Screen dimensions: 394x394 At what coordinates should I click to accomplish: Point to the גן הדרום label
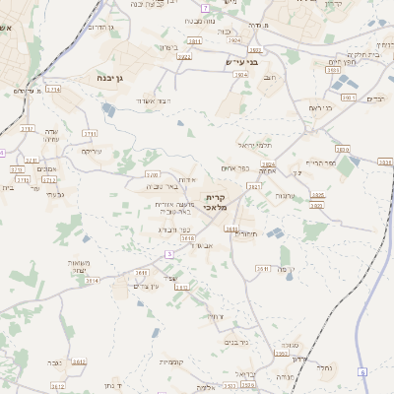[103, 28]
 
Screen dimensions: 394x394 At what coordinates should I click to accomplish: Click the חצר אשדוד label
[157, 100]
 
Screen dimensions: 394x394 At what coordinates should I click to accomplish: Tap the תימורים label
[245, 233]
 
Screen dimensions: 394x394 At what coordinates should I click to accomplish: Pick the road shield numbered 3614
[92, 280]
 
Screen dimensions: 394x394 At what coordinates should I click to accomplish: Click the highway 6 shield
[361, 371]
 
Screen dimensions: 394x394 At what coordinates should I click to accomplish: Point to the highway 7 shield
[205, 8]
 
